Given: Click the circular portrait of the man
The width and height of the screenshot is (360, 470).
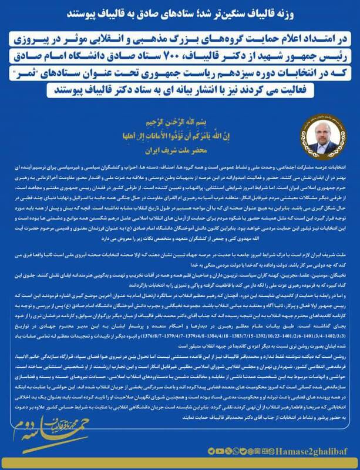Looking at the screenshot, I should point(317,131).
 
